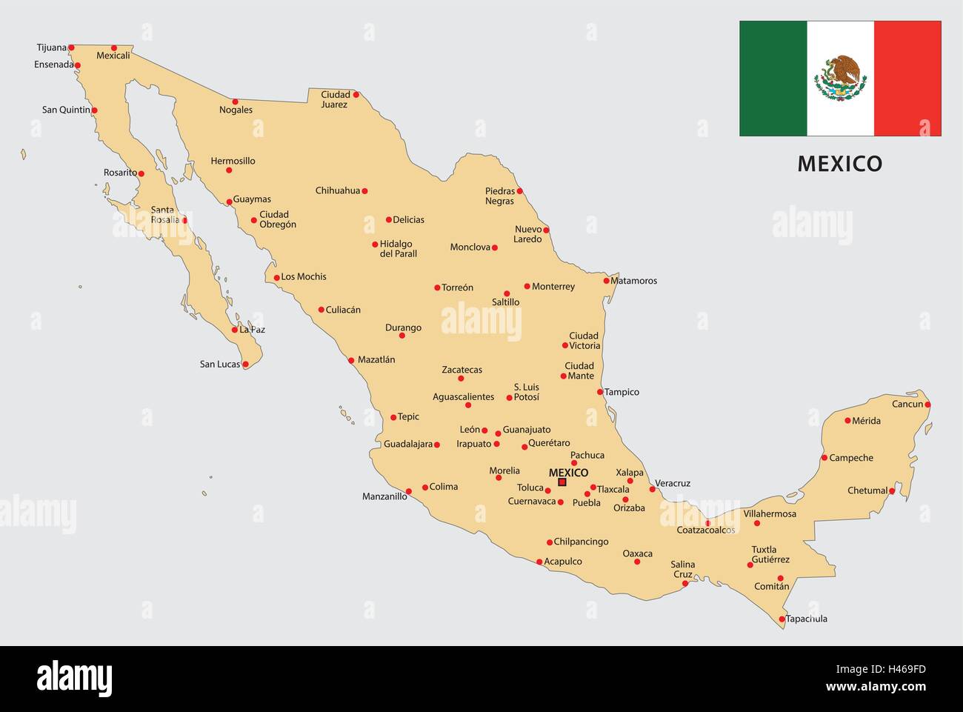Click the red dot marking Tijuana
[x=71, y=47]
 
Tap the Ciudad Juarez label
[x=335, y=99]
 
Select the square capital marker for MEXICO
[x=562, y=482]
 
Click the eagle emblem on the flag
[x=840, y=79]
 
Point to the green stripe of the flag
[x=773, y=79]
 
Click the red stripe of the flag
[x=907, y=79]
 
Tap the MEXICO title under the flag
[x=839, y=164]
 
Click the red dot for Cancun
[x=927, y=405]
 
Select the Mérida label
[x=866, y=421]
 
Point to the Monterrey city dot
[x=527, y=286]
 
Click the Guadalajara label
[x=408, y=445]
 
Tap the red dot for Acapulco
[x=539, y=562]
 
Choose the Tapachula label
[x=806, y=619]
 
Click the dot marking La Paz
[x=235, y=330]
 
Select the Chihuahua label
[x=337, y=190]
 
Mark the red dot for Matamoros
[x=606, y=281]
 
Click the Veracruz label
[x=673, y=483]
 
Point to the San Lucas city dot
[x=245, y=365]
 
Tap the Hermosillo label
[x=233, y=161]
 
